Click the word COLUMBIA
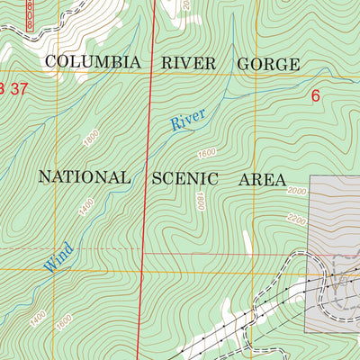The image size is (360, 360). coord(93,63)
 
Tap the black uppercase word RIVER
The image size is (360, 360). coord(190,63)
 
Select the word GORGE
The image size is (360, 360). coord(267,64)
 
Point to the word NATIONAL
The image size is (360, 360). coord(85,177)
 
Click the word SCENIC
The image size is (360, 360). coord(186,178)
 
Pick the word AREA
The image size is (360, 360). coord(262,178)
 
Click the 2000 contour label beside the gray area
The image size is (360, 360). coord(297,192)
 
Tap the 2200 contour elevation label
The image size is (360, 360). coord(297,220)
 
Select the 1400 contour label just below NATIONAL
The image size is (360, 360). coord(86,212)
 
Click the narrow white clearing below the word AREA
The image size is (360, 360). coord(246,241)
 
